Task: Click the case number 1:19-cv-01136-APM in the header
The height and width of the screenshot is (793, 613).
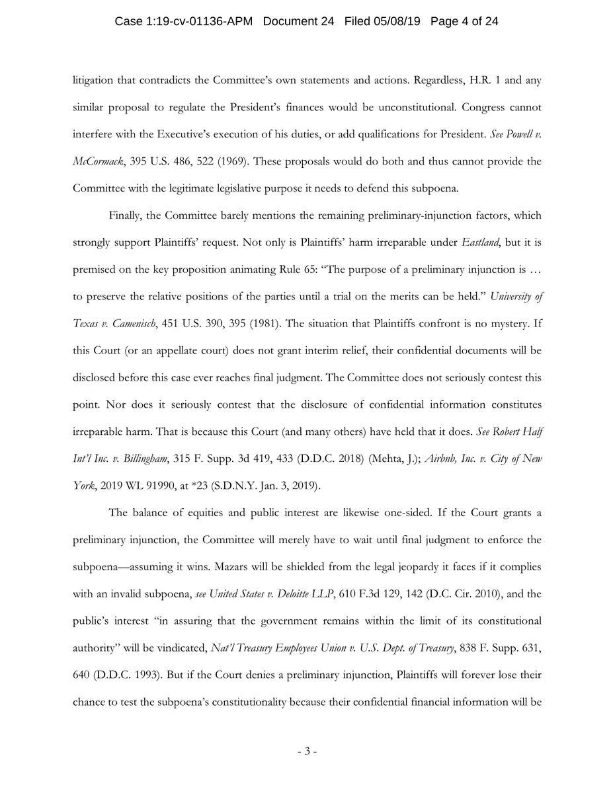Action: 196,22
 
